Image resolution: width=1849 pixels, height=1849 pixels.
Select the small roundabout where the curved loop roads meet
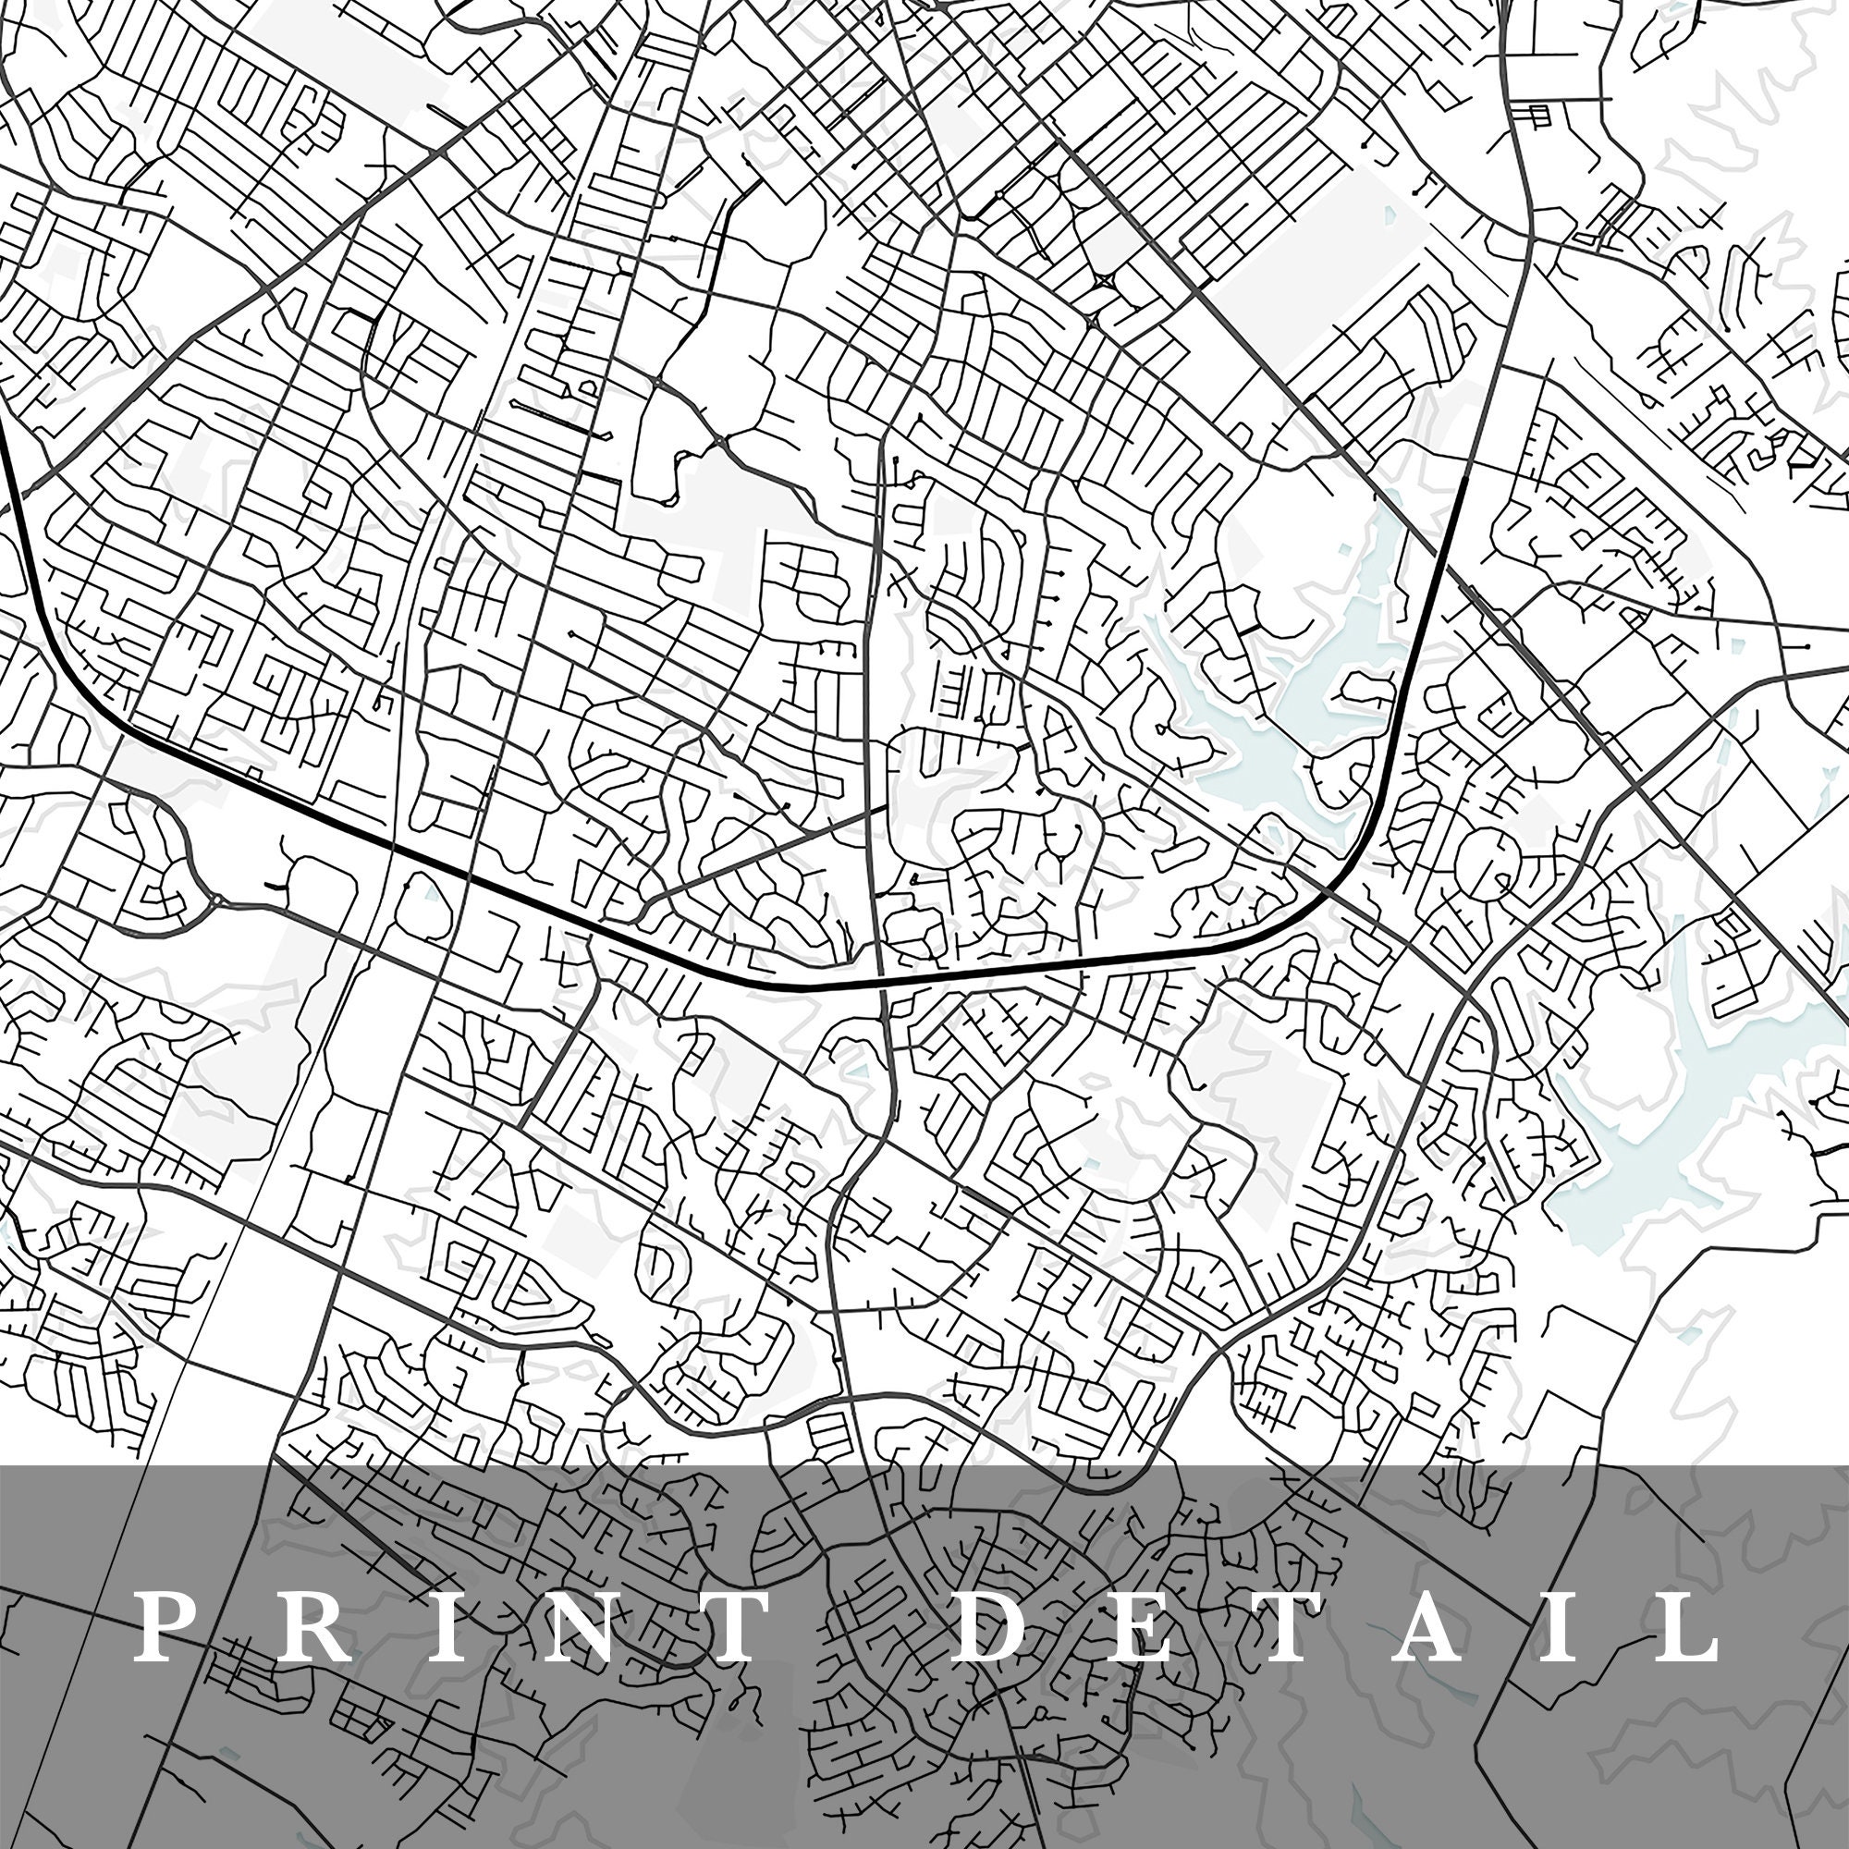point(218,900)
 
